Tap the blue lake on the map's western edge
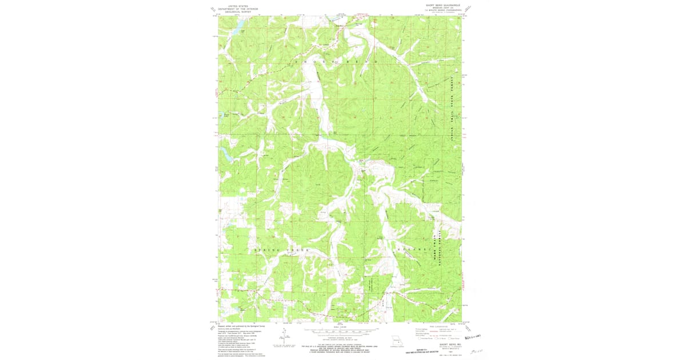coord(224,153)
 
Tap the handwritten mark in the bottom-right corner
coord(473,351)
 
